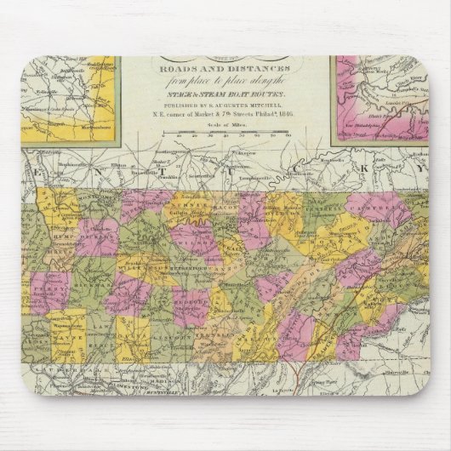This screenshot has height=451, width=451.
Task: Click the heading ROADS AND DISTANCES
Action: [x=225, y=73]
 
